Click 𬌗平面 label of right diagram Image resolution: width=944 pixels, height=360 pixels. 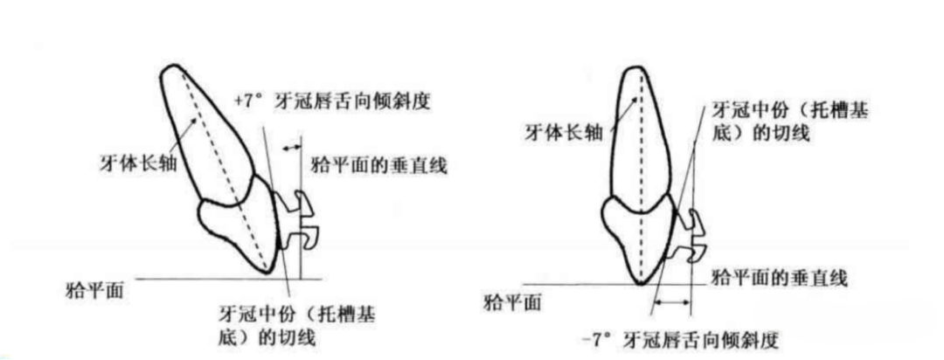click(x=511, y=302)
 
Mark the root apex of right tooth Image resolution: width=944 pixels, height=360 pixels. click(x=642, y=68)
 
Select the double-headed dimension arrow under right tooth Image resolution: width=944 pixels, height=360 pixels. click(x=671, y=303)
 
